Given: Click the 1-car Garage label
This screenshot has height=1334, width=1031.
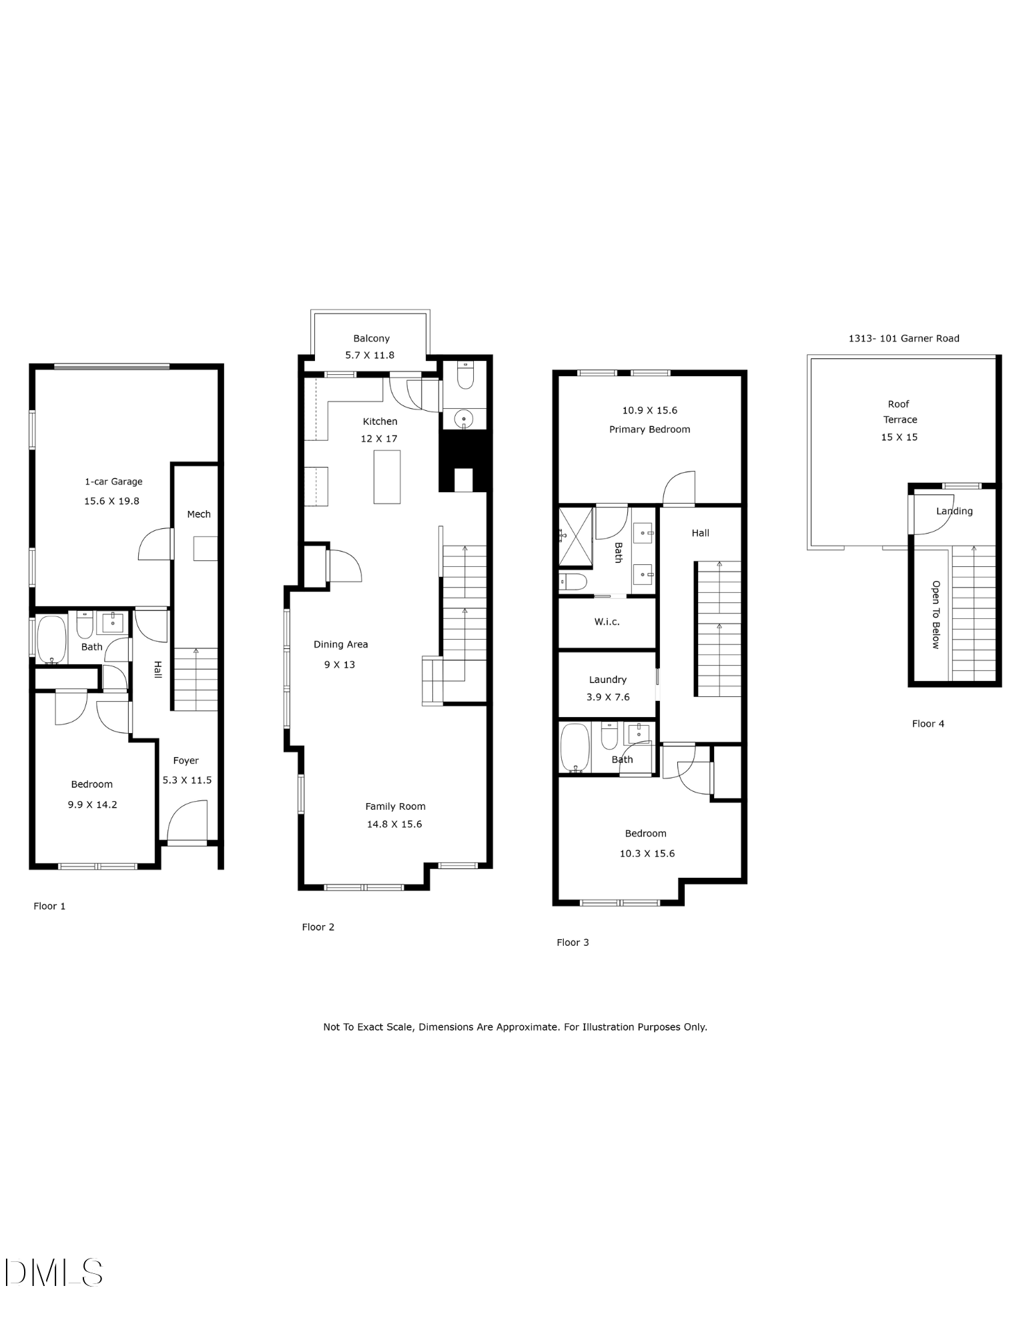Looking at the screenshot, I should coord(113,482).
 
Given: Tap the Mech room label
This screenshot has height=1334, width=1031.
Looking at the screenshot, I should coord(199,514).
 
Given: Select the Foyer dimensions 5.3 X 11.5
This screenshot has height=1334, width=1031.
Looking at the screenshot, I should coord(187,780).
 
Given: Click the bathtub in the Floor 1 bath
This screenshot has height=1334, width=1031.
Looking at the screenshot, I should coord(51,639).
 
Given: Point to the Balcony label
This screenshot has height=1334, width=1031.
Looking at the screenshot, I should coord(372,339).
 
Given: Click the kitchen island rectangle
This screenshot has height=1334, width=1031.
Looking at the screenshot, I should coord(387,477).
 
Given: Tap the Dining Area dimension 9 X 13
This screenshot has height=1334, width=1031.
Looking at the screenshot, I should coord(340,664).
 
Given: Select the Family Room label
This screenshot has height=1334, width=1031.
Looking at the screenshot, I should coord(395,806).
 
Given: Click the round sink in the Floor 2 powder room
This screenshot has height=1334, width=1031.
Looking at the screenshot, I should coord(464,420).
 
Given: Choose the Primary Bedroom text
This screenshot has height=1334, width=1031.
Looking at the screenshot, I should coord(649,430).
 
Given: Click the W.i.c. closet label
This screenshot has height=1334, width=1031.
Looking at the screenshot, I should coord(607,622).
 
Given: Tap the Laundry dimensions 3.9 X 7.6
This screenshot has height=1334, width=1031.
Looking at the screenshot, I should coord(608,697).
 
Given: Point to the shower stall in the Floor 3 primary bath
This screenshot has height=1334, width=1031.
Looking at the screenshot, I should coord(576,536).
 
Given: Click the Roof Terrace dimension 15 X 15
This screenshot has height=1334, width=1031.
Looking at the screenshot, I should coord(899,438).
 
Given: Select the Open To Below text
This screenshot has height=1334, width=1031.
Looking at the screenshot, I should coord(936,614).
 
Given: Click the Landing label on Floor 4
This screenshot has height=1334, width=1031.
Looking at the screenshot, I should coord(954,512).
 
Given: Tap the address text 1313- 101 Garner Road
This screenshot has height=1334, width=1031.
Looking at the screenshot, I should coord(904,338).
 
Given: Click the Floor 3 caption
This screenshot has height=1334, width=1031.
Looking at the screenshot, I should coord(573,942).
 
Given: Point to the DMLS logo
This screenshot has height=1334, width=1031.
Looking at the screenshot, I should coord(54,1273).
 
